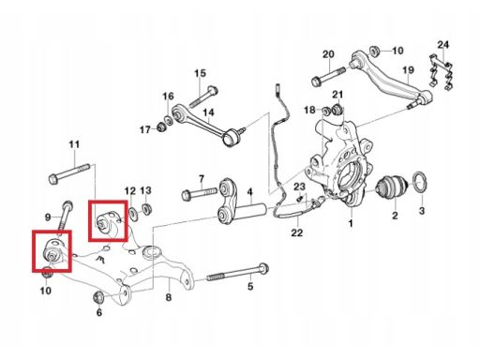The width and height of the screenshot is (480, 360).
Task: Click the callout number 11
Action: [x=74, y=144]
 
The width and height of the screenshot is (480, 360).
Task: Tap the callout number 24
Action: [x=442, y=45]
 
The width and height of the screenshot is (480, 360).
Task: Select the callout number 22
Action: [x=297, y=232]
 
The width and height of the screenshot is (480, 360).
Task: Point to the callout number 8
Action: [x=169, y=297]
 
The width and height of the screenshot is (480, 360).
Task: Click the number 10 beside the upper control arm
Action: [x=397, y=51]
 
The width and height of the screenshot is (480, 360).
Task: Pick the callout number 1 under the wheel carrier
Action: [x=351, y=223]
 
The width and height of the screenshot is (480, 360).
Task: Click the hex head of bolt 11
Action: [x=53, y=180]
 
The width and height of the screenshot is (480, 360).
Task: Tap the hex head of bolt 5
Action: [x=264, y=268]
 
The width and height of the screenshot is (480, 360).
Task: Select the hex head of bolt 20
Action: [x=317, y=82]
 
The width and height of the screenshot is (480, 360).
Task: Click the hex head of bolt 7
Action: [x=187, y=195]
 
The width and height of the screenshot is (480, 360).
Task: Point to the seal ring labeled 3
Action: [x=419, y=182]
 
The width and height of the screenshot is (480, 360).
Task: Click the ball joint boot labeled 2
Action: [x=392, y=187]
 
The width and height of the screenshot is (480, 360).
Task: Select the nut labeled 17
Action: [x=161, y=127]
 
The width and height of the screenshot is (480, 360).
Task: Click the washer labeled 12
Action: [x=133, y=214]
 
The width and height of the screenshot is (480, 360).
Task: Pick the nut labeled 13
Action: [x=146, y=209]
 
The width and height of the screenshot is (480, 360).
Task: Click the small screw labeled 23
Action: [x=301, y=198]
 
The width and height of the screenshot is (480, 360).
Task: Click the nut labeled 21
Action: [x=337, y=109]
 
